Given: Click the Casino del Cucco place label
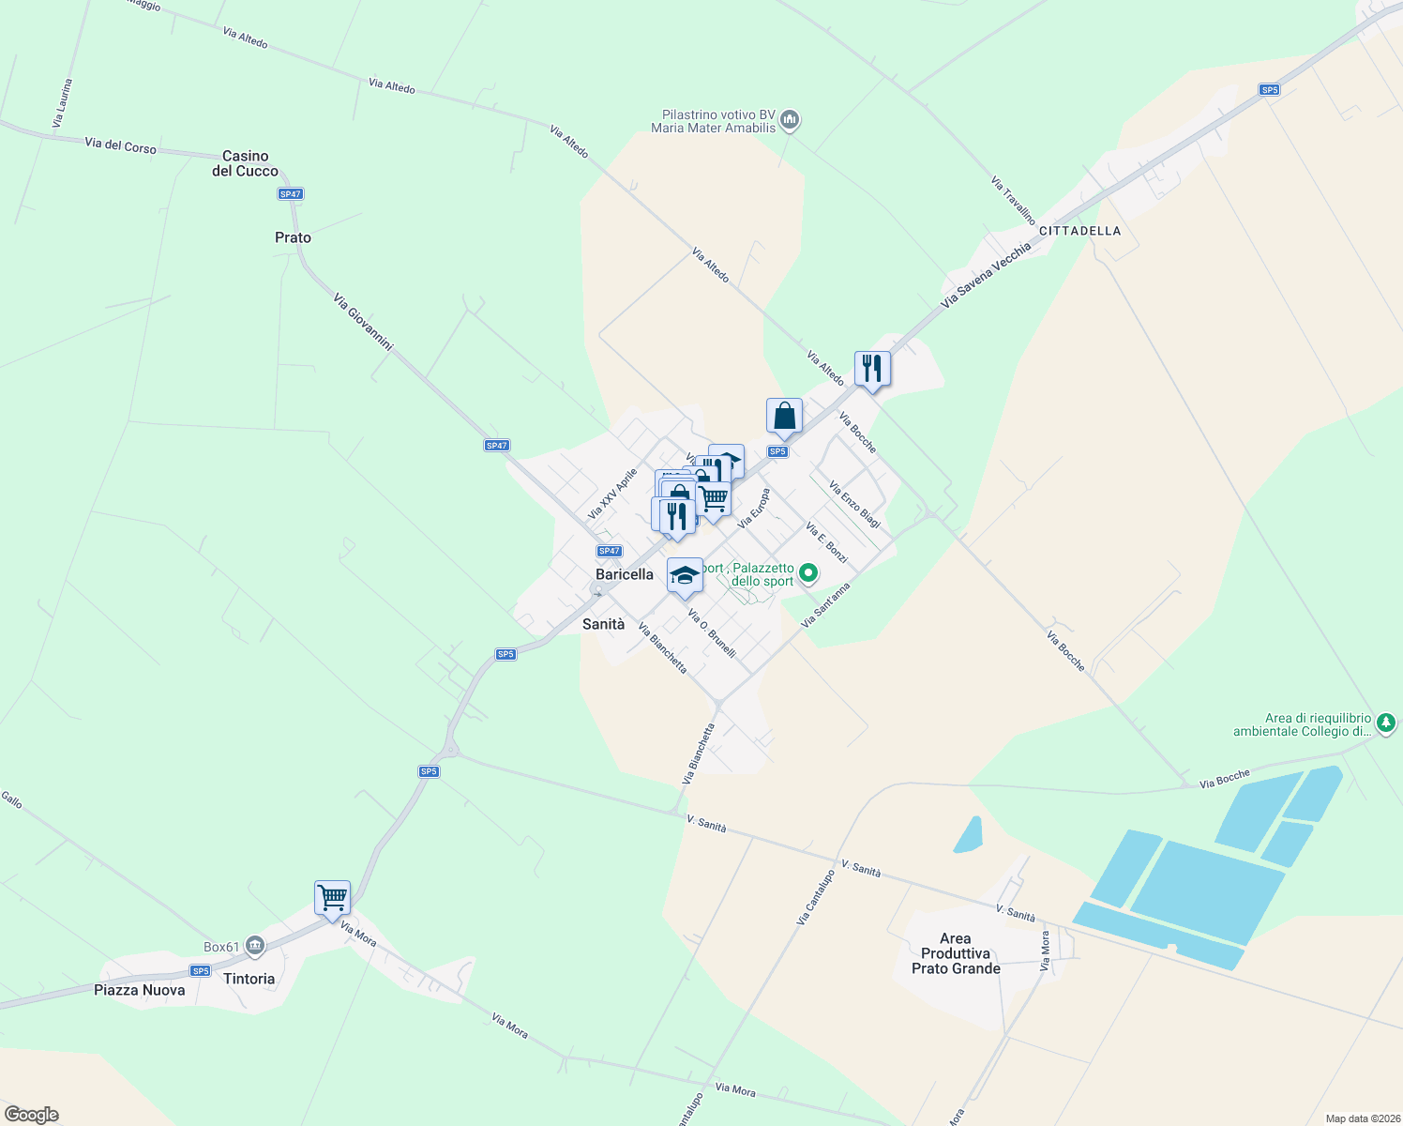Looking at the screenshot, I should pyautogui.click(x=245, y=163).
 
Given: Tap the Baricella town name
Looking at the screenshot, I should pyautogui.click(x=625, y=574).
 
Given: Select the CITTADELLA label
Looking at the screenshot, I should pyautogui.click(x=1079, y=231).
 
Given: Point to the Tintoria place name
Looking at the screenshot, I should pyautogui.click(x=249, y=979).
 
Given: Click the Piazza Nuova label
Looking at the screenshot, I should pyautogui.click(x=140, y=990).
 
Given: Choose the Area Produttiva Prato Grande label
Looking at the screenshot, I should pyautogui.click(x=956, y=953).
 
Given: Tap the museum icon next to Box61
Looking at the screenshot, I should pyautogui.click(x=255, y=947).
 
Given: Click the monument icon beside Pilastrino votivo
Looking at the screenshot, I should pyautogui.click(x=790, y=120).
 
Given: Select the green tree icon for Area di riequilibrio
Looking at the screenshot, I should pyautogui.click(x=1386, y=723).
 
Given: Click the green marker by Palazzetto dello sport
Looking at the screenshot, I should pyautogui.click(x=808, y=572).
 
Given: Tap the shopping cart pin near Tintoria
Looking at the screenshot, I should pyautogui.click(x=332, y=898).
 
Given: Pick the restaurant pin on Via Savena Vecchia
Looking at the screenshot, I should pyautogui.click(x=872, y=369).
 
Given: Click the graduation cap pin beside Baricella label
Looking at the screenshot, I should pyautogui.click(x=685, y=575).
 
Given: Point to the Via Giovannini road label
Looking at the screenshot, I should pyautogui.click(x=363, y=322).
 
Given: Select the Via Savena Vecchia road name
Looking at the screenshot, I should pyautogui.click(x=986, y=275).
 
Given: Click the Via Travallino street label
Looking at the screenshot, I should pyautogui.click(x=1013, y=200).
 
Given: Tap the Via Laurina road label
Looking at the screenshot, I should pyautogui.click(x=62, y=103).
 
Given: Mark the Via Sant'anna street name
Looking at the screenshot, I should pyautogui.click(x=826, y=605).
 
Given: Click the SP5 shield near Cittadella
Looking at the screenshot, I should pyautogui.click(x=1269, y=90).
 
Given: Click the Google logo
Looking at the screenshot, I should pyautogui.click(x=32, y=1115).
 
